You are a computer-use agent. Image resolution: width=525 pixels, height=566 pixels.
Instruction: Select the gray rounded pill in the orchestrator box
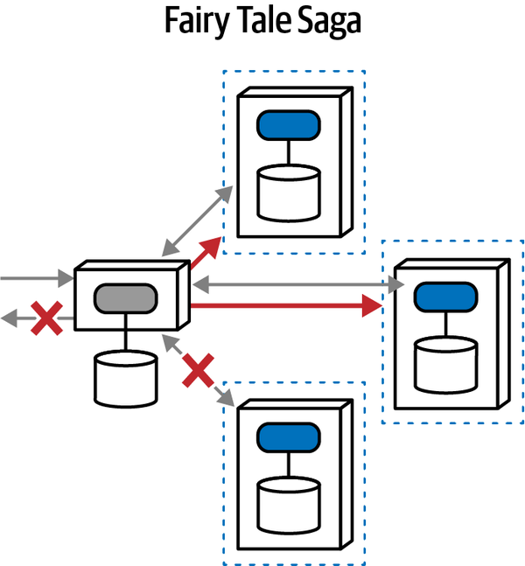(x=125, y=297)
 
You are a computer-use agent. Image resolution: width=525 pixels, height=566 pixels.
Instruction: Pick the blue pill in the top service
(x=287, y=125)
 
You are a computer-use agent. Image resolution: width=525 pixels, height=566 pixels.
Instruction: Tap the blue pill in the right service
(x=446, y=297)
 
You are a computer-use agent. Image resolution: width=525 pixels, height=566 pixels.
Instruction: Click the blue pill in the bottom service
(x=287, y=436)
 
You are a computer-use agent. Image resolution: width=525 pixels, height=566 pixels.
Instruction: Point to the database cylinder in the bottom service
(x=287, y=504)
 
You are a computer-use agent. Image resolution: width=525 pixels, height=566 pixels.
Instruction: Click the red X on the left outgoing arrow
(x=45, y=319)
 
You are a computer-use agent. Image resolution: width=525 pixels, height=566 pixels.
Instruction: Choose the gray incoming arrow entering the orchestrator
(x=35, y=280)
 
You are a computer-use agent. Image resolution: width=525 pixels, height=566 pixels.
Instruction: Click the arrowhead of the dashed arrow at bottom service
(x=227, y=401)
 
